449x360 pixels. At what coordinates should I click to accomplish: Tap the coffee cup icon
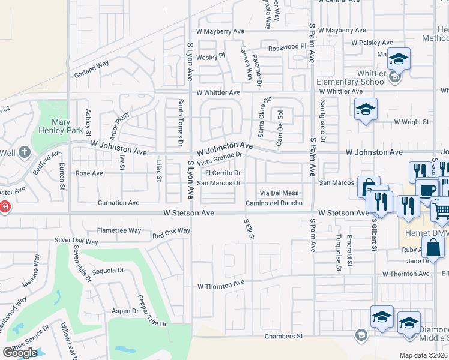(427, 190)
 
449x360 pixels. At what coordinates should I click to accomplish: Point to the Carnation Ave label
(119, 203)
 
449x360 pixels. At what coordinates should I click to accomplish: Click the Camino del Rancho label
(274, 203)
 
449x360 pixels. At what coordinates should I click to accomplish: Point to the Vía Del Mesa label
(279, 193)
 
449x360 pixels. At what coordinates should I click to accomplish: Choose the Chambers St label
(283, 337)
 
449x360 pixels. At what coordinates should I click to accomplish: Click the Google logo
(20, 352)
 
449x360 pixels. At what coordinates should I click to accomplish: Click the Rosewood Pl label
(287, 46)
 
